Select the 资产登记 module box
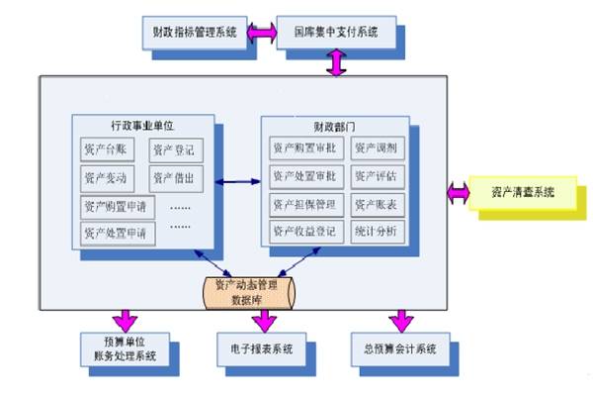pos(175,151)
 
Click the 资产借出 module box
pos(175,178)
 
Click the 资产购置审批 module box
pos(303,148)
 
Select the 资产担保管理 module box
pos(303,203)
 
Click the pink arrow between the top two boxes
pos(262,33)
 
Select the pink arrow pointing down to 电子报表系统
pos(262,319)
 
